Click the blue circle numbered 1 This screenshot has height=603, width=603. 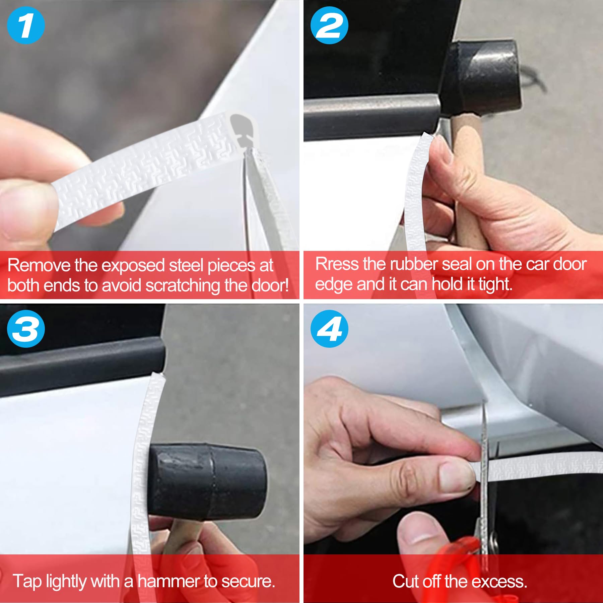tap(25, 25)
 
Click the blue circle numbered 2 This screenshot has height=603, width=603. tap(329, 25)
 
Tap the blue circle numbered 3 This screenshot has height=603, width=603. tap(25, 329)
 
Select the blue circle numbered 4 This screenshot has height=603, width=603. tap(329, 329)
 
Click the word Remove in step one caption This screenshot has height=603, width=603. tap(39, 265)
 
